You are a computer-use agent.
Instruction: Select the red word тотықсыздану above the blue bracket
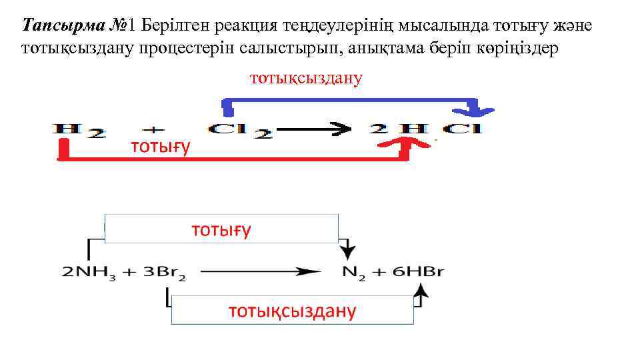point(306,78)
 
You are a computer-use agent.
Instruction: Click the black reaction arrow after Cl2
point(313,128)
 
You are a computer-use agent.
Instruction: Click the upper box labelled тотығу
point(221,229)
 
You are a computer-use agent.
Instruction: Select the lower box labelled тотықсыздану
point(292,310)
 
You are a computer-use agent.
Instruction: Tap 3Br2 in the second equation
point(164,272)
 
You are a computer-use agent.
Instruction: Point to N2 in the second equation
point(351,272)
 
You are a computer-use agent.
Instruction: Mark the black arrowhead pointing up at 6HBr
point(421,291)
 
